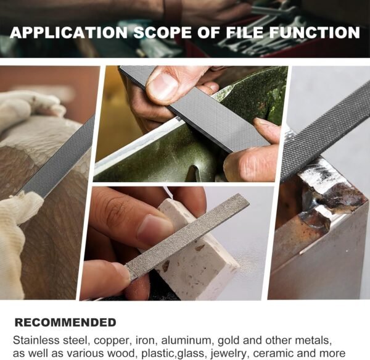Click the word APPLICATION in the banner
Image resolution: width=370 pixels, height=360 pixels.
tap(68, 32)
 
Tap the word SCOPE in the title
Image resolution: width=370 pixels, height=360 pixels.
tap(163, 32)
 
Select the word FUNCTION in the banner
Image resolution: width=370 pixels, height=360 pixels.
tap(314, 32)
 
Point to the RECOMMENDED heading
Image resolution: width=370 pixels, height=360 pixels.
tap(65, 323)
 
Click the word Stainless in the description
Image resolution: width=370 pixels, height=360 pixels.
tap(36, 340)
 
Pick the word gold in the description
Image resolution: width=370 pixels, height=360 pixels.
tap(229, 341)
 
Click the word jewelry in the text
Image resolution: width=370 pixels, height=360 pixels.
tap(228, 354)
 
